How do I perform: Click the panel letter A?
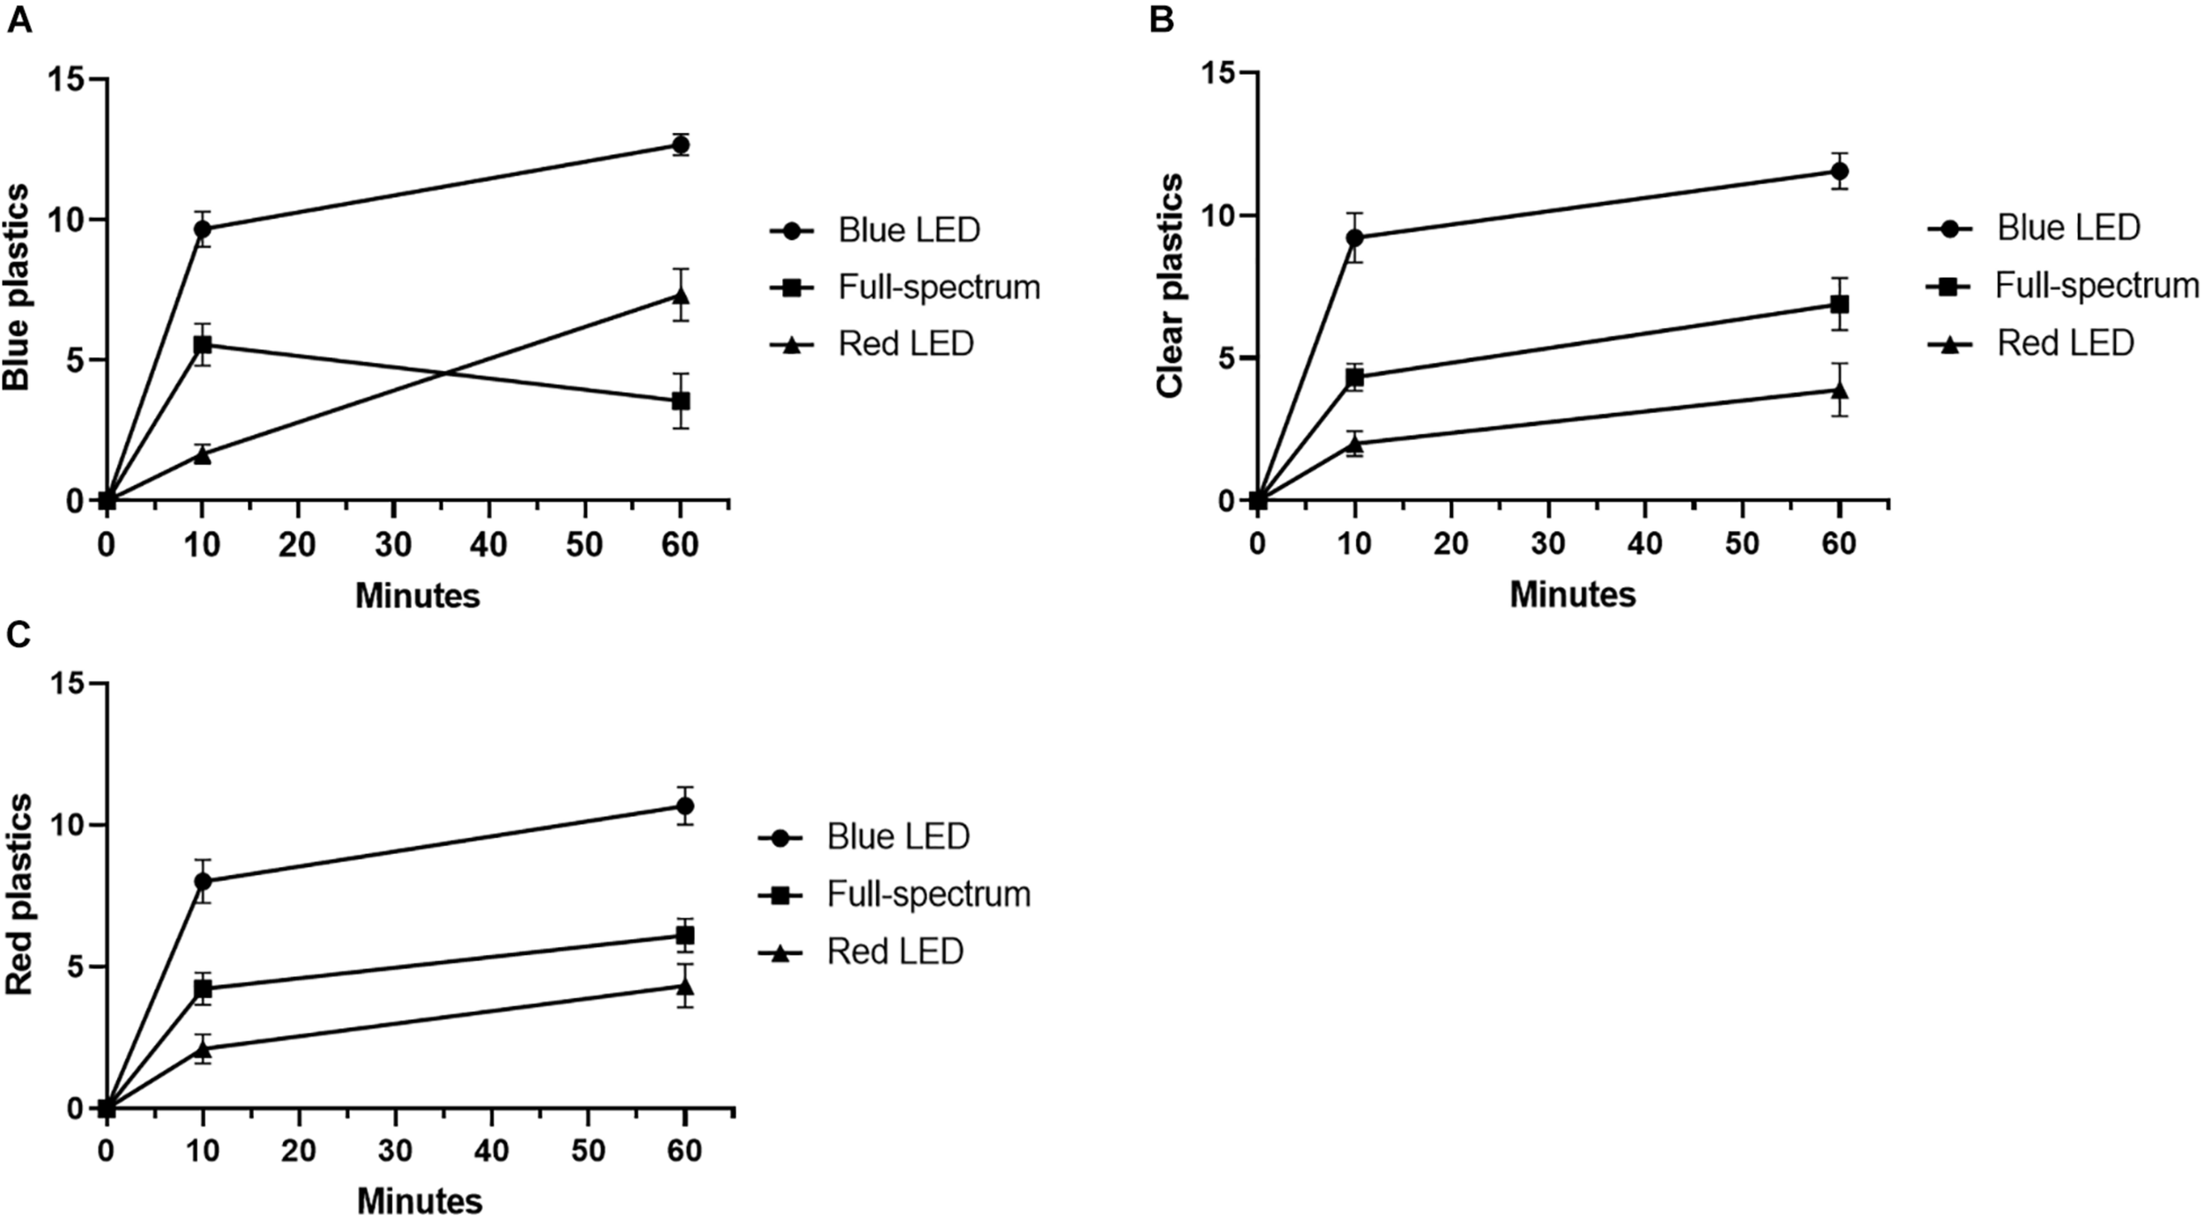19,19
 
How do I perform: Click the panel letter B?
1161,19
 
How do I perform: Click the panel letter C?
19,633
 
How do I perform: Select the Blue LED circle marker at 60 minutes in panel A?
680,145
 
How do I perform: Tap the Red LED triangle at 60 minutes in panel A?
680,295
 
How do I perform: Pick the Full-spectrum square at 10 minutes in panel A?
203,345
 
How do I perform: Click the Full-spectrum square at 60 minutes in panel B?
1839,304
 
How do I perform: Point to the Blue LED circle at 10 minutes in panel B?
1355,238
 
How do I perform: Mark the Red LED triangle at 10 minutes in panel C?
203,1049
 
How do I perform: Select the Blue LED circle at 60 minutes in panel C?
684,805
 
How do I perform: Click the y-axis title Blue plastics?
17,287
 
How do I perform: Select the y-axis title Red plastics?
19,894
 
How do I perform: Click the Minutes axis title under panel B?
1572,594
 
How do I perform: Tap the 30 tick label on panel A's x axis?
392,545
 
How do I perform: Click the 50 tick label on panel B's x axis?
1742,543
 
